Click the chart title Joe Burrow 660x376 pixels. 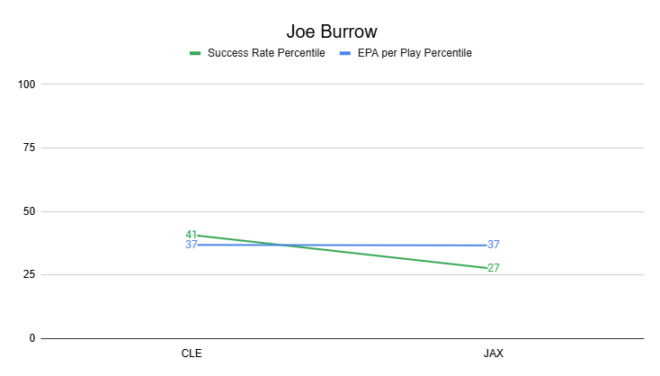click(329, 31)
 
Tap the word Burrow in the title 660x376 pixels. click(344, 31)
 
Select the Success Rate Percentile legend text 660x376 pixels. click(266, 53)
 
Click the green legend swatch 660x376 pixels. click(195, 53)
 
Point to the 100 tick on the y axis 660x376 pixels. click(26, 85)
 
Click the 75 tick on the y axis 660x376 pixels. click(29, 148)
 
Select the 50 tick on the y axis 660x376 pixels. click(29, 211)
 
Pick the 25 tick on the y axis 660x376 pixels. click(29, 275)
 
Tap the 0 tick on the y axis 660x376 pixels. click(31, 338)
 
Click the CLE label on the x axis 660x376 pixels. click(192, 354)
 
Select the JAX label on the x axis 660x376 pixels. click(493, 354)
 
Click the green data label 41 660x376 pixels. click(191, 235)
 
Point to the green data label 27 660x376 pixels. click(494, 268)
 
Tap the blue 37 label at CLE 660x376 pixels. click(191, 245)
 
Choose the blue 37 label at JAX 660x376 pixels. click(494, 245)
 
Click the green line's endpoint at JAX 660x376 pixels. click(486, 267)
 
